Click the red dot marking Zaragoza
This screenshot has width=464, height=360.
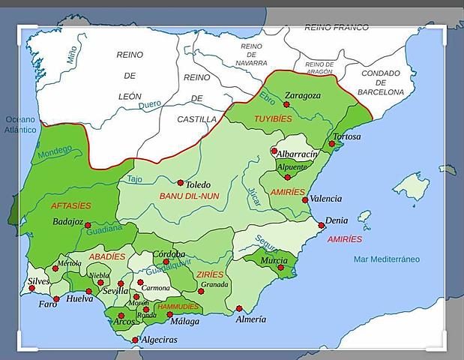[286, 105]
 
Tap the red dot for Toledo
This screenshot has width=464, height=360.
[180, 182]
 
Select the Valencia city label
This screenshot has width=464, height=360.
[325, 199]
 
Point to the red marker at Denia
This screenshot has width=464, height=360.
[322, 225]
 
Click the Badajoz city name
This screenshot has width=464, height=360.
[67, 222]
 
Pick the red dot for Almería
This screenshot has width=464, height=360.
[239, 308]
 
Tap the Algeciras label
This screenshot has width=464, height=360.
[159, 340]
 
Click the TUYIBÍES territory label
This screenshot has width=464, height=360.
[273, 119]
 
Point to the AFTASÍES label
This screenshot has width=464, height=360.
[70, 205]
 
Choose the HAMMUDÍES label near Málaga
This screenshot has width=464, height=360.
[178, 307]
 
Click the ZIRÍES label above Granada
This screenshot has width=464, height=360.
[209, 274]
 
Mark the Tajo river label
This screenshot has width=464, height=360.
[134, 179]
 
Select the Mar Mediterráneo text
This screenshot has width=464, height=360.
[387, 259]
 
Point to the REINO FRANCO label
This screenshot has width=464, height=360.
[337, 28]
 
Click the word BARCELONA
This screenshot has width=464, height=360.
[381, 91]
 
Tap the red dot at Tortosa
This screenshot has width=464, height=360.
[331, 143]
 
